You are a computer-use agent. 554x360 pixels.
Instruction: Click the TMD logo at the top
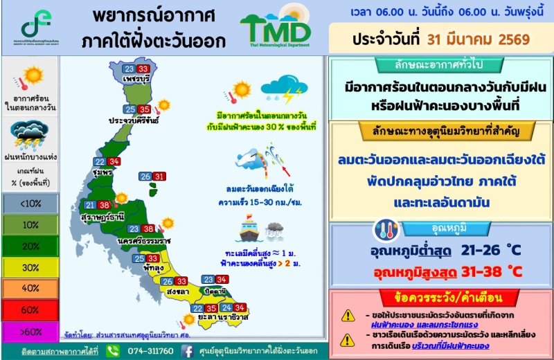click(276, 29)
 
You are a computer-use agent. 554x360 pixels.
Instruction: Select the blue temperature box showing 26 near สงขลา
click(167, 281)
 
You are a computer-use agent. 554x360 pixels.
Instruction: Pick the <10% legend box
click(29, 204)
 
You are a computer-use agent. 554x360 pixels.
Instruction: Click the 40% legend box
click(29, 288)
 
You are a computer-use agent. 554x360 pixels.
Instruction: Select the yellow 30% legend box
click(29, 267)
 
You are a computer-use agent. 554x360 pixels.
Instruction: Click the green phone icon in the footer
click(113, 351)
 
